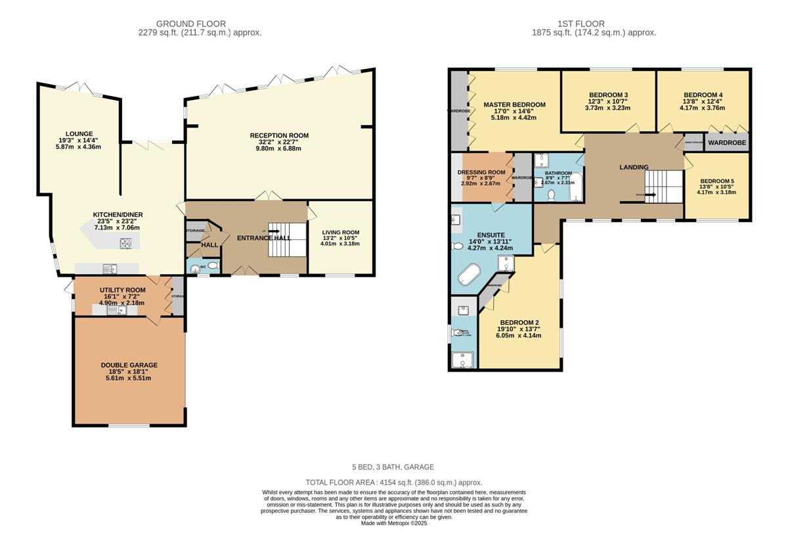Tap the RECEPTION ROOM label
point(279,135)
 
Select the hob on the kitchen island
point(125,243)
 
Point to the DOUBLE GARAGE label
point(129,365)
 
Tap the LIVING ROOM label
point(340,232)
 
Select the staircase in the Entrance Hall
point(287,239)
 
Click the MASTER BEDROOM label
point(514,105)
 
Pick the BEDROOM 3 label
point(607,95)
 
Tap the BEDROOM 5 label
point(716,181)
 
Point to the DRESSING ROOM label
point(481,172)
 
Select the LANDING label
point(634,167)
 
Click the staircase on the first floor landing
point(663,187)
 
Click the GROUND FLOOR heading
point(200,24)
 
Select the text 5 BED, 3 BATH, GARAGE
point(393,467)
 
